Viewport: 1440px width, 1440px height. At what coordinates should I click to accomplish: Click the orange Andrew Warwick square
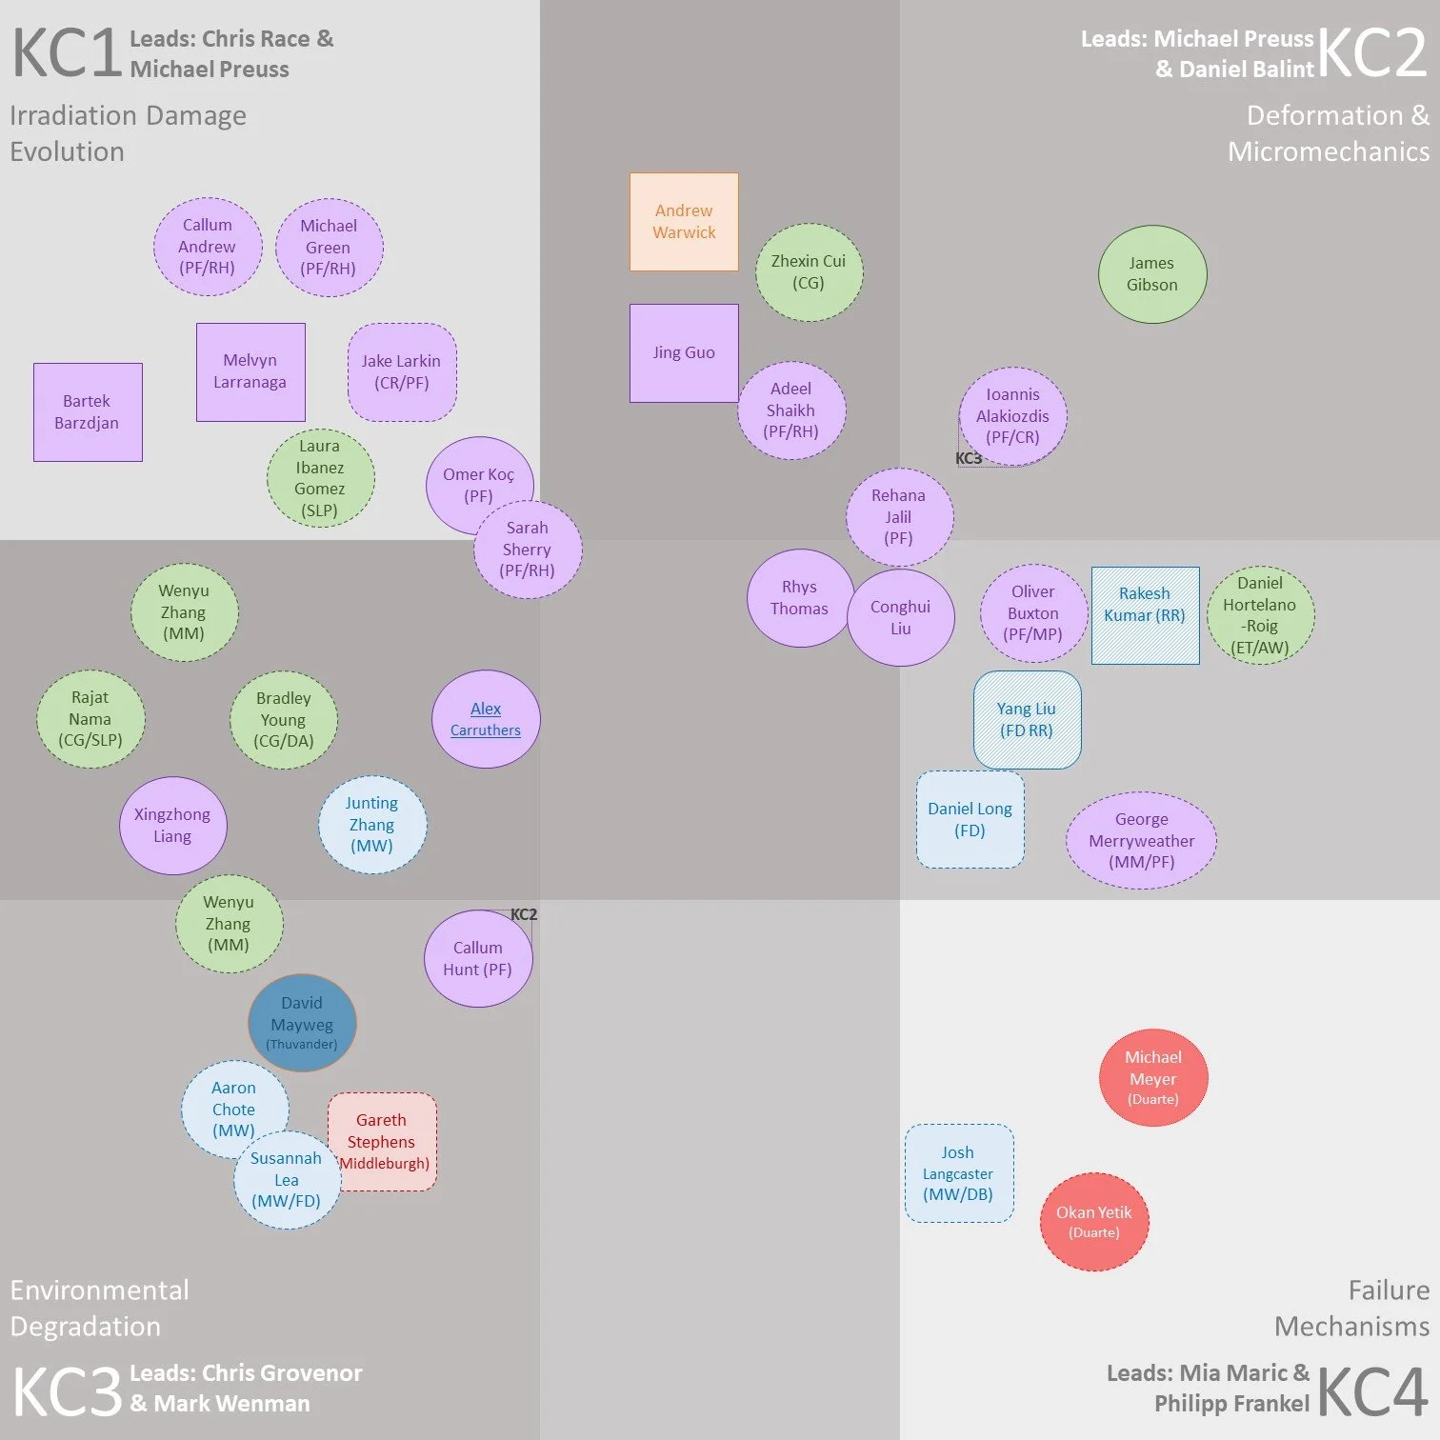click(684, 222)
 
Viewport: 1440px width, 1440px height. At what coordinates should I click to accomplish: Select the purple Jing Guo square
click(684, 353)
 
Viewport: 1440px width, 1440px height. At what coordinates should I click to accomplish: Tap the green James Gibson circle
click(1152, 274)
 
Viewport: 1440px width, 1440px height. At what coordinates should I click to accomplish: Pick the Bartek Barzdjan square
click(88, 412)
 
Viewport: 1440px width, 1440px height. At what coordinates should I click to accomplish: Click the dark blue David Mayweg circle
click(302, 1023)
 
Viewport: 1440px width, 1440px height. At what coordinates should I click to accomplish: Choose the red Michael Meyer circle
click(1153, 1077)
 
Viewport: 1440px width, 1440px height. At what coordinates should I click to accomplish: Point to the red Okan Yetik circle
click(1094, 1222)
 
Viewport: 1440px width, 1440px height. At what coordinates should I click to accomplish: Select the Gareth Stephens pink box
click(382, 1142)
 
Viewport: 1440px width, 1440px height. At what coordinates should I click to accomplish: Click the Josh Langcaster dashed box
click(959, 1173)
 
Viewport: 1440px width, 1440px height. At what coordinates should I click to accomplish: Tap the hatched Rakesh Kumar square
click(1145, 615)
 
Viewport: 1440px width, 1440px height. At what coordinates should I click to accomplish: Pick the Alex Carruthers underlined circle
click(486, 719)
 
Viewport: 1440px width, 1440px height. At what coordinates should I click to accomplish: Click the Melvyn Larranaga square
click(250, 372)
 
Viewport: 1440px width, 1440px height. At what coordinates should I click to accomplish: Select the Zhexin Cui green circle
click(810, 272)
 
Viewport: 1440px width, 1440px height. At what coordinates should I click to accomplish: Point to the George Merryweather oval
click(1141, 841)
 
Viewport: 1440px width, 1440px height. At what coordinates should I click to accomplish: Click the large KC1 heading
click(66, 53)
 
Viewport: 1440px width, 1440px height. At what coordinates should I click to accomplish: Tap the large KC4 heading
click(1371, 1391)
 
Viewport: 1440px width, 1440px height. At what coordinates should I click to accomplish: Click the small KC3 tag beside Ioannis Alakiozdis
click(969, 458)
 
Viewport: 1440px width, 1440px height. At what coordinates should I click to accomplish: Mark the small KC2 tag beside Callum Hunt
click(524, 914)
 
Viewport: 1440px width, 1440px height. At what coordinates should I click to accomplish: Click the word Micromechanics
click(1329, 151)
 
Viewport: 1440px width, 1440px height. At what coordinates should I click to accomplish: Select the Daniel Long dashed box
click(970, 819)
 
